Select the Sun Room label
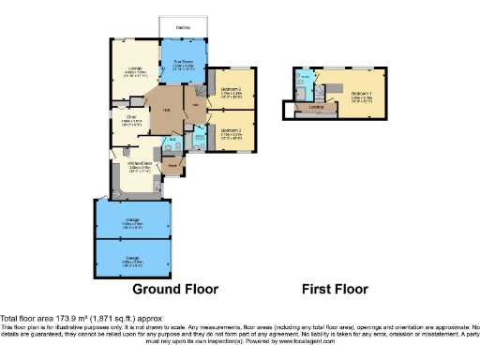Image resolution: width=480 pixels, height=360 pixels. (182, 62)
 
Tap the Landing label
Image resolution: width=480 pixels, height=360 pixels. (315, 108)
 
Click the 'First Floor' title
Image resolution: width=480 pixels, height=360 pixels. (335, 289)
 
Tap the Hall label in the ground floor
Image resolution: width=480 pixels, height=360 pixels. (166, 110)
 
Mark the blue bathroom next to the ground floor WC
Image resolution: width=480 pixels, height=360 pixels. (200, 141)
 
